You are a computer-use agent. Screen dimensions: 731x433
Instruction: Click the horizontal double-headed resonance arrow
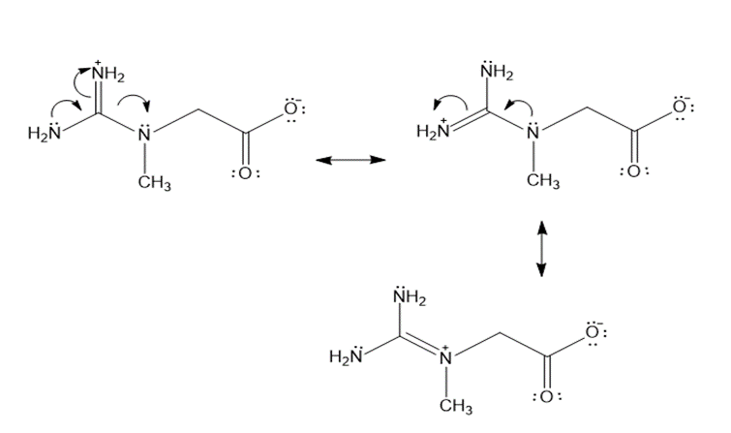click(x=350, y=160)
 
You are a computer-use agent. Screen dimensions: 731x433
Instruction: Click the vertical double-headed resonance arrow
click(x=541, y=249)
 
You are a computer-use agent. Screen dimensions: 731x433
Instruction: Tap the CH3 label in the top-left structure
click(x=154, y=182)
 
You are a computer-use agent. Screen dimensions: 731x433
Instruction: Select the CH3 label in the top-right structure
click(x=543, y=180)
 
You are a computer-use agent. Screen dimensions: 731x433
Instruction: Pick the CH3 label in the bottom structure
click(x=455, y=406)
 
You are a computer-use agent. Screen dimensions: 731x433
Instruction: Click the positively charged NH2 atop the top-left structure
click(x=107, y=73)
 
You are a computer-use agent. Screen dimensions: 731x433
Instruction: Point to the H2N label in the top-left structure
click(x=45, y=132)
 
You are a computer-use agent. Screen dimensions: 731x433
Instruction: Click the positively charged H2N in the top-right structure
click(x=434, y=130)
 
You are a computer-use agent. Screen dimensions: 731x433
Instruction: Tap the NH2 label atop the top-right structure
click(x=497, y=72)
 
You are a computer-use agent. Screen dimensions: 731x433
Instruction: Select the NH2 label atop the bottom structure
click(x=410, y=296)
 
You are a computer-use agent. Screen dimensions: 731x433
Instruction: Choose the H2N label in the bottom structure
click(x=347, y=356)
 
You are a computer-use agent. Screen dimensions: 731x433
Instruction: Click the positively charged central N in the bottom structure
click(x=446, y=356)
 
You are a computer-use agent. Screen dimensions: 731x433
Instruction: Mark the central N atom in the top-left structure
click(x=144, y=134)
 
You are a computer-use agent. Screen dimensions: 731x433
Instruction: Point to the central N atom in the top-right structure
click(x=533, y=131)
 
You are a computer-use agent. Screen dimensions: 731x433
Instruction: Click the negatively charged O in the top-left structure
click(x=291, y=108)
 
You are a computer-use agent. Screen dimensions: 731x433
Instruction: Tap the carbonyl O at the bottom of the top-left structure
click(x=246, y=173)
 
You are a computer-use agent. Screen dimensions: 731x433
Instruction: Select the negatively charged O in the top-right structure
click(x=681, y=107)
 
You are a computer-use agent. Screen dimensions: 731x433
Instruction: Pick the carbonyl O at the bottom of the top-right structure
click(x=634, y=171)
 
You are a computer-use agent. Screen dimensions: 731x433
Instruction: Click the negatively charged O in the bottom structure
click(x=593, y=331)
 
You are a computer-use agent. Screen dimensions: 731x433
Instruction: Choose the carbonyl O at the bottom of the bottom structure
click(x=547, y=396)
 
